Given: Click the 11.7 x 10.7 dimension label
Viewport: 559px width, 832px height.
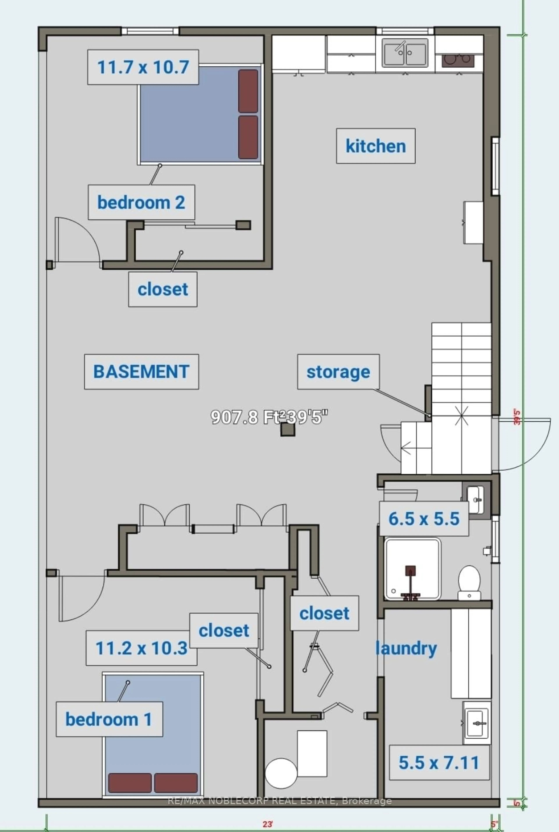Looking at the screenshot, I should (x=143, y=67).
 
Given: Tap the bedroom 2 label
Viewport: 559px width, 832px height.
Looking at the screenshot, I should (x=141, y=202).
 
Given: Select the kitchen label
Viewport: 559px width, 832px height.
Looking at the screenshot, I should (x=375, y=146).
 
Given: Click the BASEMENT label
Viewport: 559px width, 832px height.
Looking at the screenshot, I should (x=141, y=372).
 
